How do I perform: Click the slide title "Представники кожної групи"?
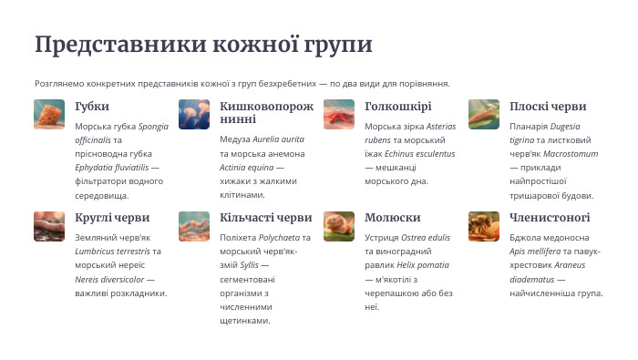(203, 45)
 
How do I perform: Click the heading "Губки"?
(92, 107)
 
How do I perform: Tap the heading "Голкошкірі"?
(397, 107)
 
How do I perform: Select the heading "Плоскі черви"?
(548, 107)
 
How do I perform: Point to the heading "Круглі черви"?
(112, 218)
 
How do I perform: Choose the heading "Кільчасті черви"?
(266, 218)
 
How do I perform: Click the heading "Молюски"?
(392, 218)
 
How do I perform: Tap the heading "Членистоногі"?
(550, 218)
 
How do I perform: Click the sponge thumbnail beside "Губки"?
(49, 115)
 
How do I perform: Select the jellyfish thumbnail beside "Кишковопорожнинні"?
(194, 115)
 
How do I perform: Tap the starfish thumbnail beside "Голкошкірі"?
(339, 115)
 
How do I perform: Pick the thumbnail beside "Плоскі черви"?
(484, 115)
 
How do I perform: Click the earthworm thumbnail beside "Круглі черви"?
(49, 226)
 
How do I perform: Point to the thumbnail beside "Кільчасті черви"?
(194, 226)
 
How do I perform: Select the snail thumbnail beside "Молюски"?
(339, 226)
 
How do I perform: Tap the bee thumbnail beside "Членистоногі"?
(484, 226)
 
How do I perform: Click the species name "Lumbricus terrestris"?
(112, 252)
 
